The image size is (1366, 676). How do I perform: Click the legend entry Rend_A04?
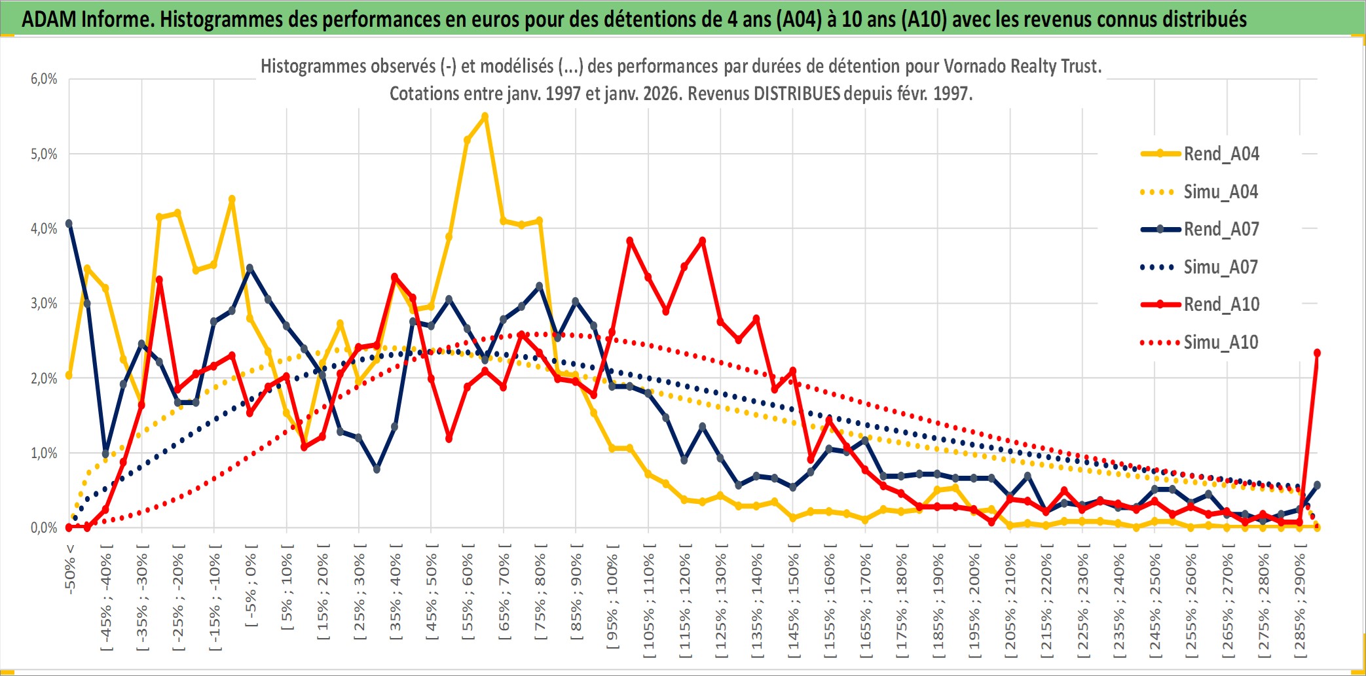point(1221,154)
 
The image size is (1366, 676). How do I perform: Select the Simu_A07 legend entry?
point(1221,267)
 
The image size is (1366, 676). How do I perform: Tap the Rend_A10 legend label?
point(1221,304)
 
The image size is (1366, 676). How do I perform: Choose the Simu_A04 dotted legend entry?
point(1221,192)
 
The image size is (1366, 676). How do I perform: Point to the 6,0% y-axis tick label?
point(44,79)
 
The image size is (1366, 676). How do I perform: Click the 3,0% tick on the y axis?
point(44,304)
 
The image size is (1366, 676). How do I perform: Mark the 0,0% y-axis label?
point(44,528)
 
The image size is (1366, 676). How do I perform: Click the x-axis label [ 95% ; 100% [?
point(612,601)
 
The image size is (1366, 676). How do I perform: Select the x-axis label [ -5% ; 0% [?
point(250,586)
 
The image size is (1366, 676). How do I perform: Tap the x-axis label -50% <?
point(70,569)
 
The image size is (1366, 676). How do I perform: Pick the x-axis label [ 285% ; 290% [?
point(1300,604)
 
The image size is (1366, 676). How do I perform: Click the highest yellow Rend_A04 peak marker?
point(485,116)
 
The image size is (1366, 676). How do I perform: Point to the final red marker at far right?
point(1317,353)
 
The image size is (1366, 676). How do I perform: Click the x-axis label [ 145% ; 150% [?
point(793,604)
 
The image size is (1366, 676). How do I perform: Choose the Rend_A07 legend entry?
point(1221,229)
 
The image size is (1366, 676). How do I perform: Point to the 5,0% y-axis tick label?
point(44,154)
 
